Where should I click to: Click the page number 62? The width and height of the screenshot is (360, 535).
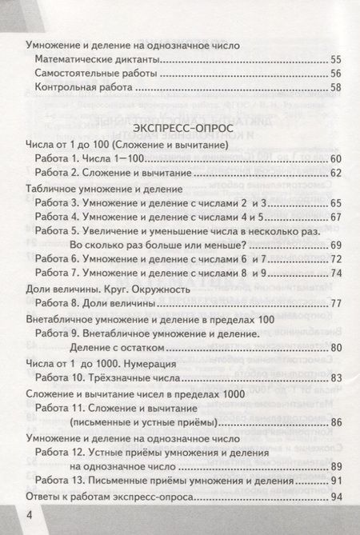pyautogui.click(x=334, y=173)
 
